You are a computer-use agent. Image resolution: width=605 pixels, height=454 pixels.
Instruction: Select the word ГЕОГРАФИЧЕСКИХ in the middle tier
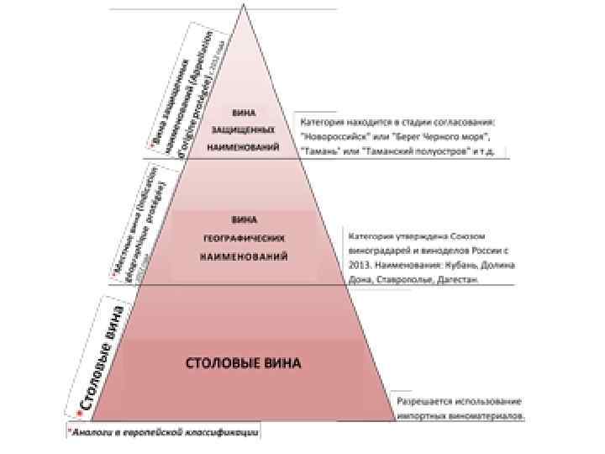pos(243,238)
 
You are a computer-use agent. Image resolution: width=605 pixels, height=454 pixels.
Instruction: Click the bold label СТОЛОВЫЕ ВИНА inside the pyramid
pos(243,363)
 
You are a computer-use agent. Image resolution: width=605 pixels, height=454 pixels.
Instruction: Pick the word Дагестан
pos(458,280)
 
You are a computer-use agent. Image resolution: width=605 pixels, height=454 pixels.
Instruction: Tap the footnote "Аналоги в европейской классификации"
pos(164,432)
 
